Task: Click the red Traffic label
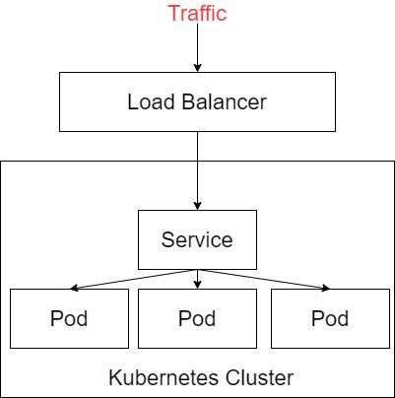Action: click(197, 13)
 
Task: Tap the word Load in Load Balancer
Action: click(151, 101)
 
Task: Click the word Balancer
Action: click(224, 101)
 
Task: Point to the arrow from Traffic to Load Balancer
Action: click(197, 47)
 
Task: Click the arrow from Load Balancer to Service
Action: click(197, 170)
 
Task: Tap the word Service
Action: click(197, 239)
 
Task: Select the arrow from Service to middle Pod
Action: click(197, 279)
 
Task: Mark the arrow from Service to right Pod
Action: click(264, 279)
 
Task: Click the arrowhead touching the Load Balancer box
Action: click(197, 67)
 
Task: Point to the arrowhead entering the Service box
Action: click(197, 206)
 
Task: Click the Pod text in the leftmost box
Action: click(69, 318)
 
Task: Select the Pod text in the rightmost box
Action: click(330, 318)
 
